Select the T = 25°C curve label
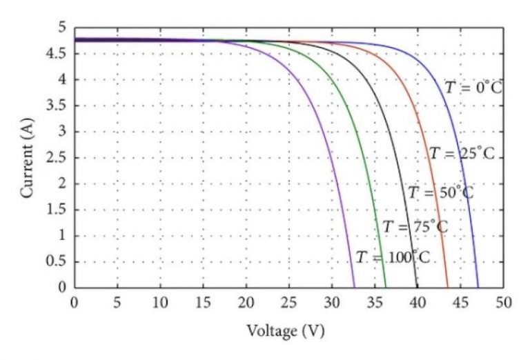(462, 154)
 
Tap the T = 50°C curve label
(440, 192)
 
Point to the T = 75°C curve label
(415, 227)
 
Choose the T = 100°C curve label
(393, 258)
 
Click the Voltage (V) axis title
(285, 331)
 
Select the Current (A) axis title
(28, 158)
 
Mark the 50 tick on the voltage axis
(504, 301)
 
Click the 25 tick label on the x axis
(289, 301)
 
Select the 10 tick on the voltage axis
(160, 301)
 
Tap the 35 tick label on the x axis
(375, 301)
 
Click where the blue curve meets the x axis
(478, 287)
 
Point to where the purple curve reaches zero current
(354, 287)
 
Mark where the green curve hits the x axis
(386, 287)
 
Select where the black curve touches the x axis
(417, 287)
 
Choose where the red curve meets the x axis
(447, 287)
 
